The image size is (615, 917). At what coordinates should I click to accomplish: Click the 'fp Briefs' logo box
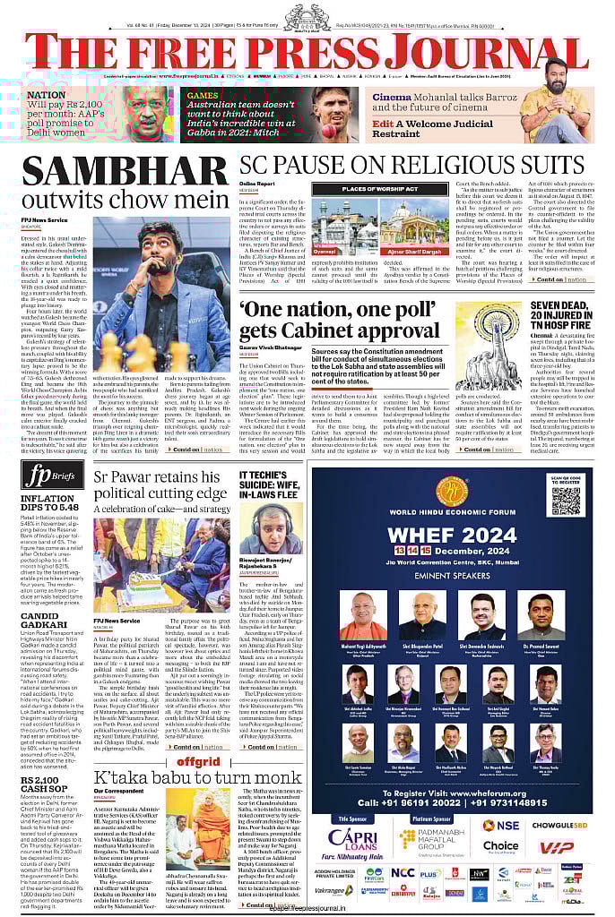[x=44, y=476]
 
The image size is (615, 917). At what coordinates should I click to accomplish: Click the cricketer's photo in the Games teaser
[x=334, y=114]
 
